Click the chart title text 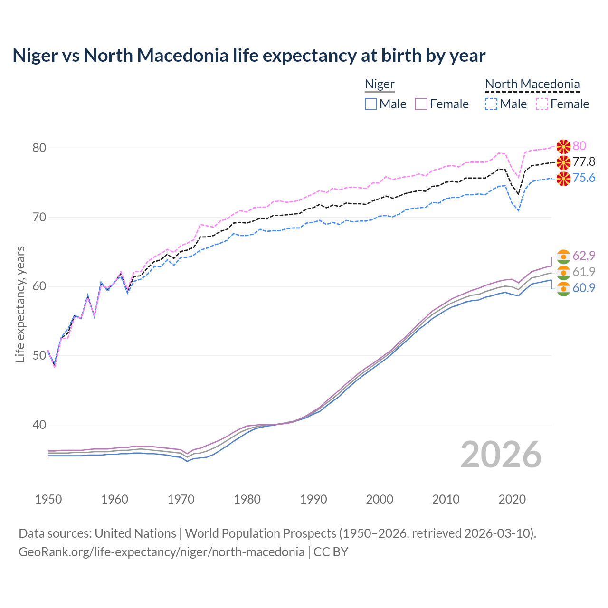tap(249, 56)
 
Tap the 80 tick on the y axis tap(39, 148)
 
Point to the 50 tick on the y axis tap(39, 355)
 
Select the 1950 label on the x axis tap(48, 499)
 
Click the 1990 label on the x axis tap(313, 499)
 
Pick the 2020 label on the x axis tap(512, 499)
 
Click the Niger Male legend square tap(371, 104)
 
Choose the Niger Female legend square tap(421, 104)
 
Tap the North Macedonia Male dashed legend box tap(491, 104)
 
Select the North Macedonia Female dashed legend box tap(542, 104)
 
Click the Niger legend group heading tap(380, 84)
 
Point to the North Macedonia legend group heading tap(532, 84)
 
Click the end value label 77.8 tap(584, 162)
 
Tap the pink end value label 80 tap(579, 146)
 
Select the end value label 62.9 tap(584, 256)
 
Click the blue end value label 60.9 tap(584, 288)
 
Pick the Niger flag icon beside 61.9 tap(563, 272)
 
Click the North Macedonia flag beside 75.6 tap(563, 178)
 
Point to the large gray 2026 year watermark tap(501, 455)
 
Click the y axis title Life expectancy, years tap(20, 304)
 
